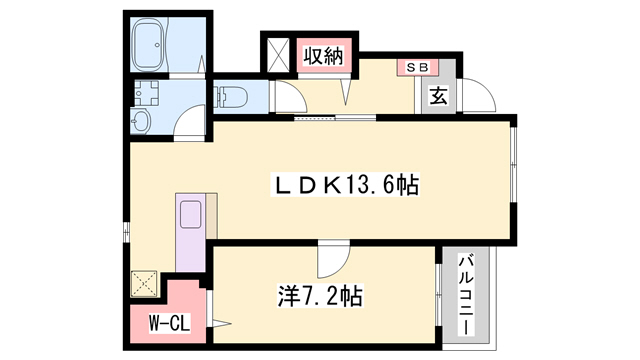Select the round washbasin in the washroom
coord(139,121)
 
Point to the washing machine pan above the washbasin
coord(146,96)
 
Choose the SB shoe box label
coord(415,67)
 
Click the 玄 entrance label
coord(438,97)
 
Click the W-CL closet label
coord(163,323)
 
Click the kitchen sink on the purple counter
coord(190,216)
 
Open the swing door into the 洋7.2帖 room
coord(331,262)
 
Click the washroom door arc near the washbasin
coord(186,126)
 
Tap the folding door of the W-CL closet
coord(214,318)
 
